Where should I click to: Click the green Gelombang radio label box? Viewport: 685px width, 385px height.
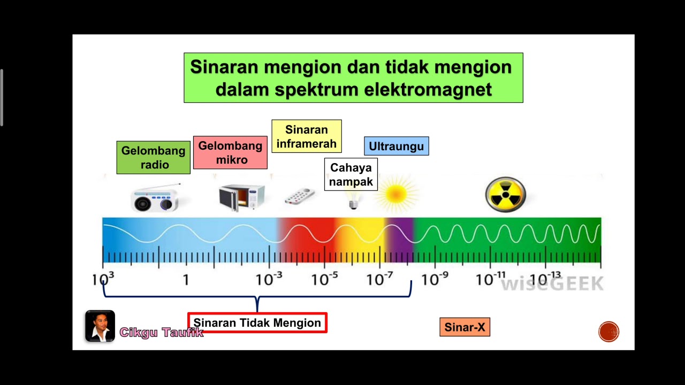153,157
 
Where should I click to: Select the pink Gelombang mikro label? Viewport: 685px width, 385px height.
230,152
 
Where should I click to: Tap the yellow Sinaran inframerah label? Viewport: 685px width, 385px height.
306,136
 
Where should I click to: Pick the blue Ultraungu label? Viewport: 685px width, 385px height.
396,146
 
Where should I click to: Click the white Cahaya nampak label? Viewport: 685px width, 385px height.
351,174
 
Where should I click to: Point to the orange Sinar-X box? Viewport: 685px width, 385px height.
465,327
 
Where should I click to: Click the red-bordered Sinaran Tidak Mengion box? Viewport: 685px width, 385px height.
257,323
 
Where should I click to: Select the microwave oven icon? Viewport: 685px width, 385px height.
241,197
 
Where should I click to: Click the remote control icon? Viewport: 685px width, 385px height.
299,197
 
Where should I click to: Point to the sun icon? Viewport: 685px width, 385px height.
396,194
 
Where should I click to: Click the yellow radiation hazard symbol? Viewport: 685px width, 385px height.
505,195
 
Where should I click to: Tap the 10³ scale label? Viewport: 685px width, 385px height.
103,279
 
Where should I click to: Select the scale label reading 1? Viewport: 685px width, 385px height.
186,280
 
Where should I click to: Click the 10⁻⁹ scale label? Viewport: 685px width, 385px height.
435,279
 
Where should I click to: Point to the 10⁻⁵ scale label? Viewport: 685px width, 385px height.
324,279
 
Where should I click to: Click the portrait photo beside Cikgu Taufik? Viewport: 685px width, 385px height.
100,326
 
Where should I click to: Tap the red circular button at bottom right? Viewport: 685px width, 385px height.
608,332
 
